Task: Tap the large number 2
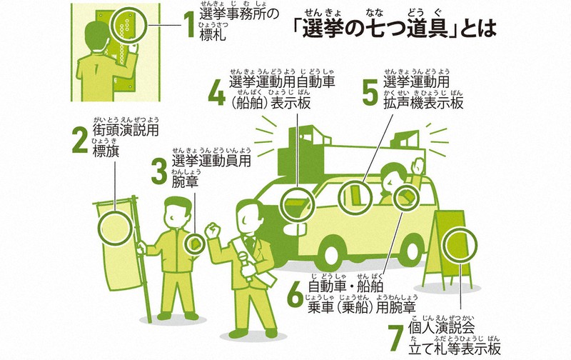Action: pyautogui.click(x=81, y=141)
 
